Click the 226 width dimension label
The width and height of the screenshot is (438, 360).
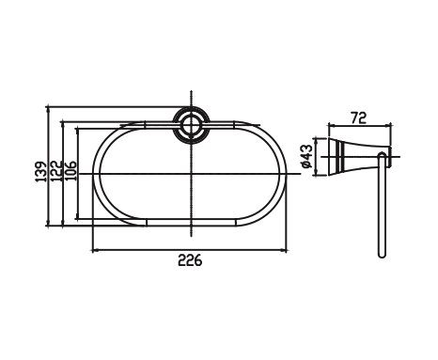[190, 260]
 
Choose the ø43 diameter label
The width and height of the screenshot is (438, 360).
[306, 155]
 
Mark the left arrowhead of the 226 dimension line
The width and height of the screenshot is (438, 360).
[95, 250]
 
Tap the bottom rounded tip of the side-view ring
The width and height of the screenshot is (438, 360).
[380, 256]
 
